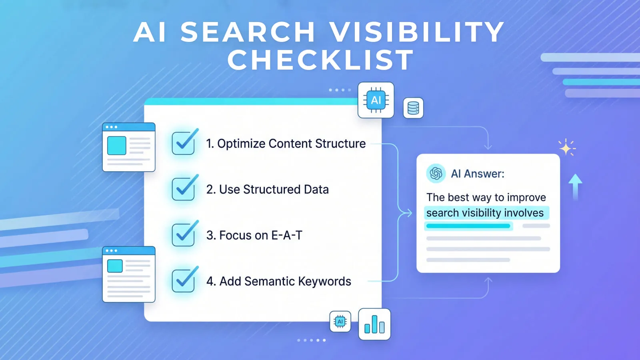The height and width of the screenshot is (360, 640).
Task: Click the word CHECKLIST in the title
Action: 320,60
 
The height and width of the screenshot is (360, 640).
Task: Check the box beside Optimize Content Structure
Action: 184,143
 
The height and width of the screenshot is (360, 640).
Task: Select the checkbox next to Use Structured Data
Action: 184,189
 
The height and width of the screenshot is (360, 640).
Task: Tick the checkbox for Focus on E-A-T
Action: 184,235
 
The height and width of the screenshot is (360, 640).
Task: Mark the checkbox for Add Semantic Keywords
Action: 184,281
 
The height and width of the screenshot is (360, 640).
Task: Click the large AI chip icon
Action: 376,100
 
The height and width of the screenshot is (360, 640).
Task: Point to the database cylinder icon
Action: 413,108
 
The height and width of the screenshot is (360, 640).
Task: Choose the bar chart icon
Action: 374,324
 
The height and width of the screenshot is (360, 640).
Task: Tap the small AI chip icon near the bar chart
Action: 340,322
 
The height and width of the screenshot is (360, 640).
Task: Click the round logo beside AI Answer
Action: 436,173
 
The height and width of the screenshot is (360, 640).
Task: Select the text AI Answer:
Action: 478,174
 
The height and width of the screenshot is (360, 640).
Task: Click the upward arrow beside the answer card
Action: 575,186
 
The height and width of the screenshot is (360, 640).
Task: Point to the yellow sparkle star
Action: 566,148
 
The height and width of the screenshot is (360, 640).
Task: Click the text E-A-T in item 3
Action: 287,235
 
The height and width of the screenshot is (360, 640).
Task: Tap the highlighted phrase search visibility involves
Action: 485,213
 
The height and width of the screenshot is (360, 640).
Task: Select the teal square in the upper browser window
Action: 117,146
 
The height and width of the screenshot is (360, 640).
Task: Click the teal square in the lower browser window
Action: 115,266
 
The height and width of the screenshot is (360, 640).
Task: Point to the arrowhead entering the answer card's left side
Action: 410,213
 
